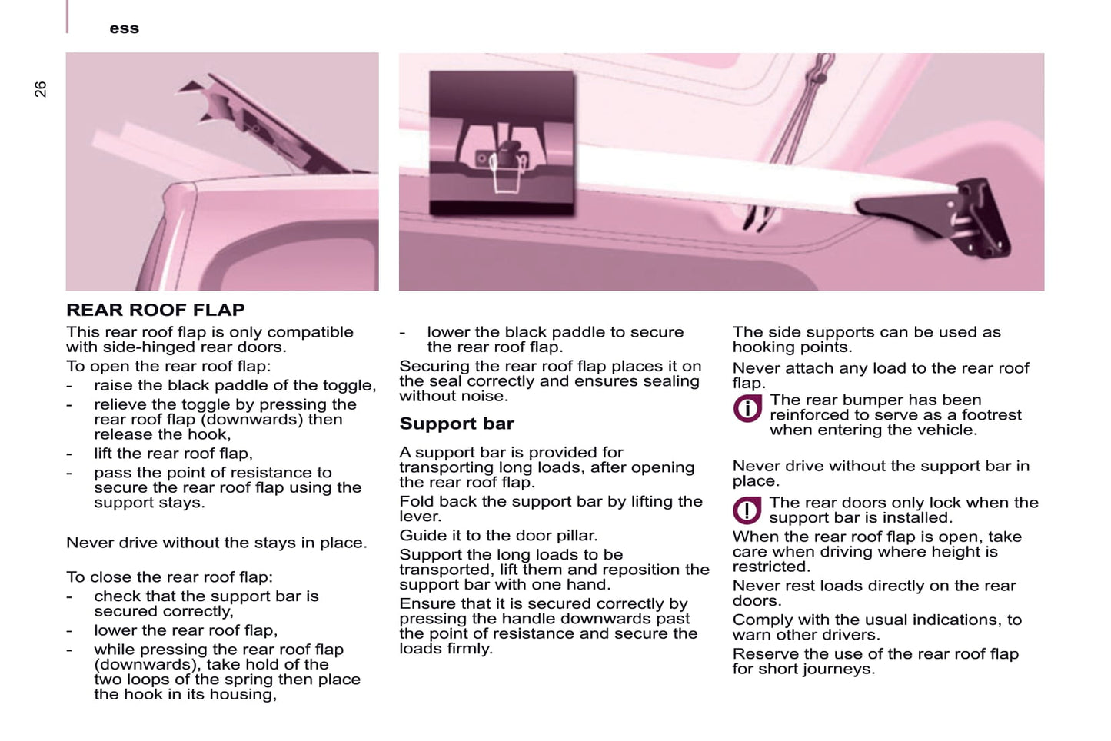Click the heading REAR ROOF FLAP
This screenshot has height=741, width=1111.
[x=155, y=310]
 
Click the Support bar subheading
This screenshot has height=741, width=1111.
[x=457, y=424]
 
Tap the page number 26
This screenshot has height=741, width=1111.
[x=40, y=89]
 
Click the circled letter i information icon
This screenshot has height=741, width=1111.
[x=747, y=409]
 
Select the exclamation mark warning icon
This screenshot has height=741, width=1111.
[x=747, y=510]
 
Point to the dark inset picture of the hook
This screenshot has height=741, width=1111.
[x=501, y=142]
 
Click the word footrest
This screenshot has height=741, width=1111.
[x=991, y=415]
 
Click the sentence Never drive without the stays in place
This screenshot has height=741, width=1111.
[x=216, y=543]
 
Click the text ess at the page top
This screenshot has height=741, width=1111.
[x=124, y=28]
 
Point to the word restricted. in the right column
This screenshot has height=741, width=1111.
[x=770, y=567]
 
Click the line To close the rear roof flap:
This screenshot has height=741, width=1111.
[x=169, y=577]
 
